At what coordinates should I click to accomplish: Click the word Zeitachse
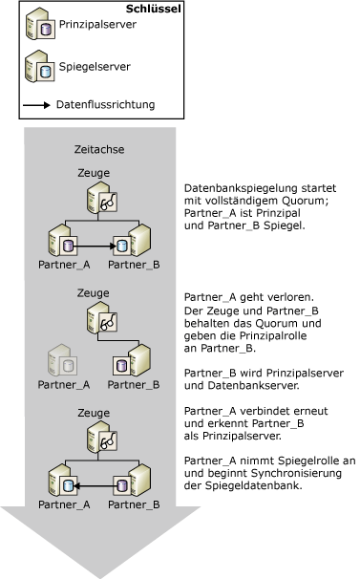tap(98, 150)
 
